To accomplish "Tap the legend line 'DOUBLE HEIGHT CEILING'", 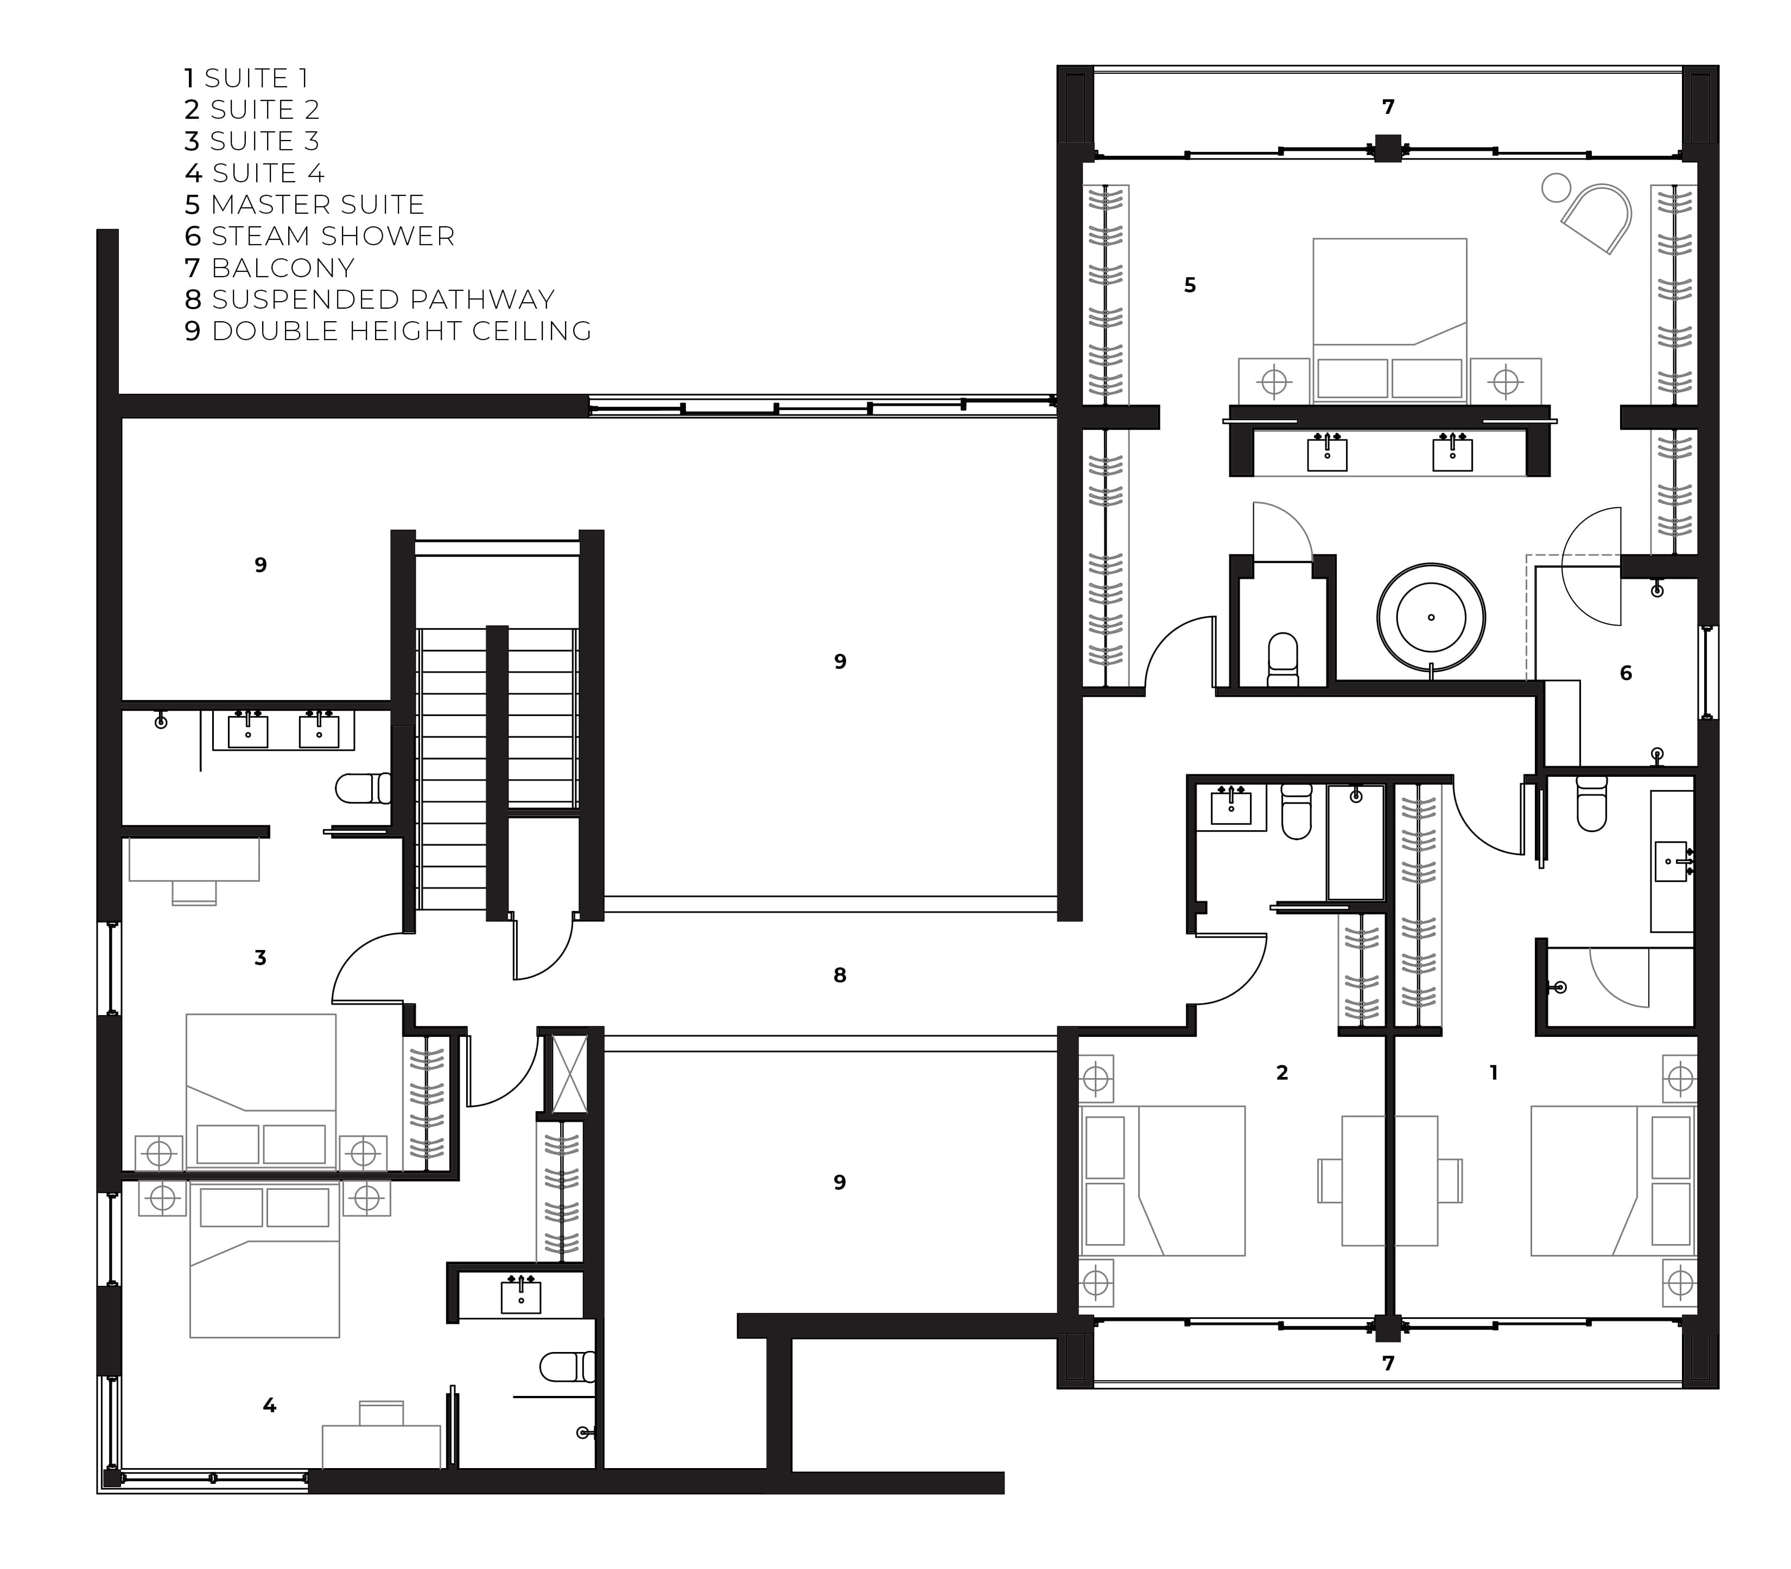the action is click(x=402, y=331).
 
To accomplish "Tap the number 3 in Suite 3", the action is click(x=260, y=958).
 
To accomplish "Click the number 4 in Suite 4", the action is click(x=270, y=1405).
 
